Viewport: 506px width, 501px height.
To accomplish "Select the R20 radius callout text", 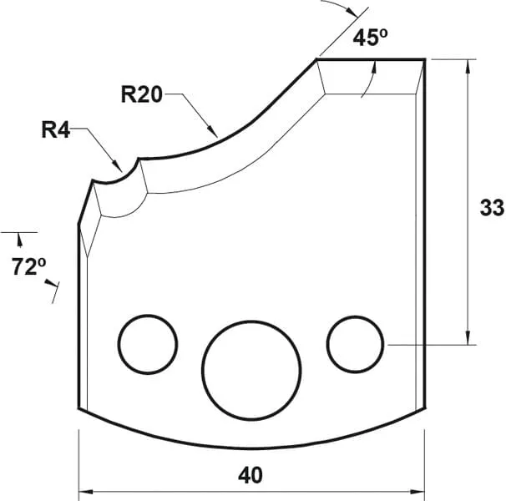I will (140, 94).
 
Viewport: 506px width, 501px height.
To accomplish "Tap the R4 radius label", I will (57, 130).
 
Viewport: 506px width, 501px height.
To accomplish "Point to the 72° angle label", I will (28, 267).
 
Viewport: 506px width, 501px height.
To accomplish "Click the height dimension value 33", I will (491, 208).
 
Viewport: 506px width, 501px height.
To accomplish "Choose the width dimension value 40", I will (250, 475).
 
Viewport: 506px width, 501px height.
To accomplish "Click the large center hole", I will (251, 367).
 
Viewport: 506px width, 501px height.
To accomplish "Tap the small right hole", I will (355, 343).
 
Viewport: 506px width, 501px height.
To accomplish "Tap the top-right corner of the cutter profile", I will (425, 59).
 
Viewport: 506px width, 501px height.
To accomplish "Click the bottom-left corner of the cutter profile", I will (78, 408).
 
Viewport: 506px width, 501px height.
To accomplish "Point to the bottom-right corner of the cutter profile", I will (427, 408).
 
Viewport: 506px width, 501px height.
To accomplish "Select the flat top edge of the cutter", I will (372, 59).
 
